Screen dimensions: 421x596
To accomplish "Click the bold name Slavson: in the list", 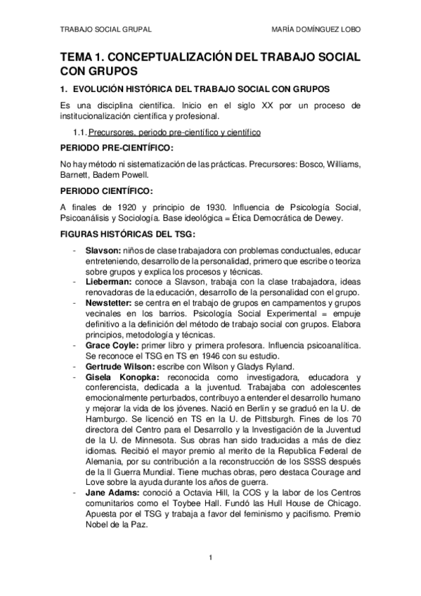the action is click(x=103, y=250).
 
